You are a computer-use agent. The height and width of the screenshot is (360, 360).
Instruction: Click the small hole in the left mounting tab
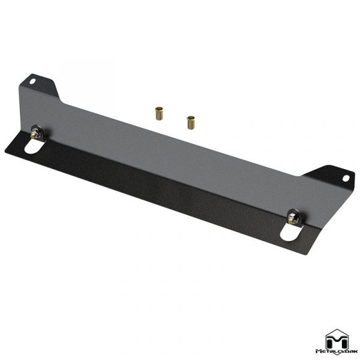pos(34,80)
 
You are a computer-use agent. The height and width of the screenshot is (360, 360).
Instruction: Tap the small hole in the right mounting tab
pos(345,178)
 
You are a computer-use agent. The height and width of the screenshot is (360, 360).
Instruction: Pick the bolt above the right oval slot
pos(294,218)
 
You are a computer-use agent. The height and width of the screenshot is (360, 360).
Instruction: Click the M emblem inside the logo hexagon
pos(337,337)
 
